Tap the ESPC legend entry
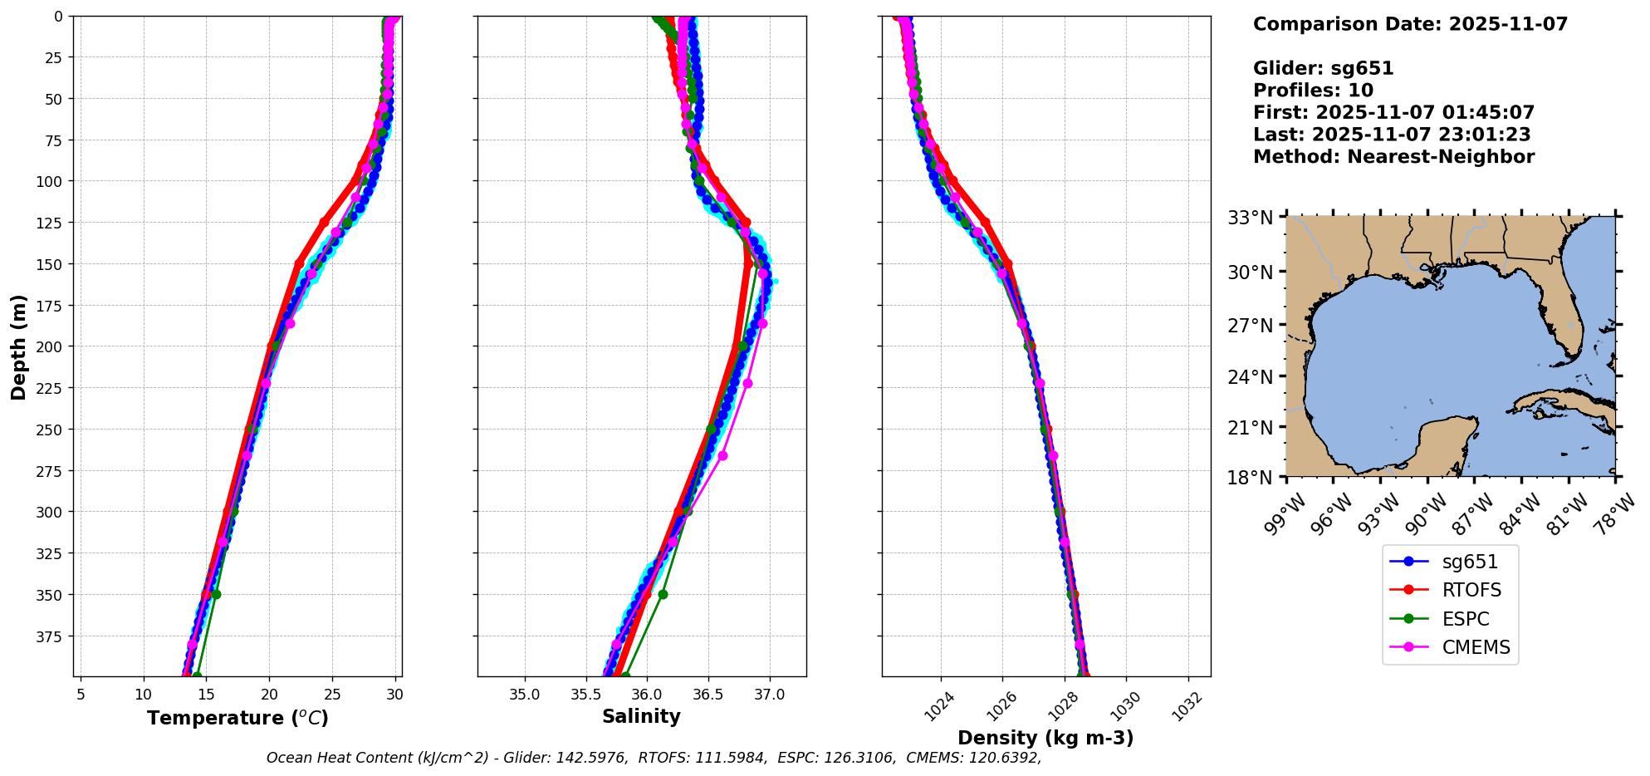click(1466, 619)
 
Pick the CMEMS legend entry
click(1476, 647)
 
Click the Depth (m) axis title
click(19, 346)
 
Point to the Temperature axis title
click(237, 718)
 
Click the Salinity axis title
click(641, 716)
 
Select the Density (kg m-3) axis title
click(1045, 738)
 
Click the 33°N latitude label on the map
click(1251, 218)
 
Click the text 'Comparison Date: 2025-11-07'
click(1410, 24)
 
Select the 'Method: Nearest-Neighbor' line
click(1393, 157)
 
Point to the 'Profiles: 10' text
click(1313, 91)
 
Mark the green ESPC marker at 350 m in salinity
click(663, 594)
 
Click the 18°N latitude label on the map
click(1251, 478)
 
